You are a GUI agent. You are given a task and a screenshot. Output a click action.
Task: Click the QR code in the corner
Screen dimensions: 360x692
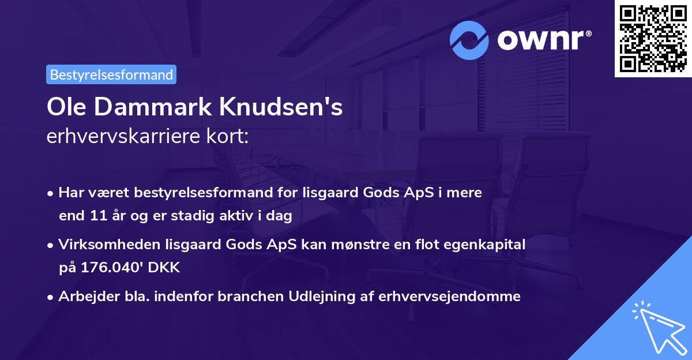click(x=653, y=39)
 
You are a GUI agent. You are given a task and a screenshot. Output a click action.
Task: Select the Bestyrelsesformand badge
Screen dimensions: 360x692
click(x=111, y=74)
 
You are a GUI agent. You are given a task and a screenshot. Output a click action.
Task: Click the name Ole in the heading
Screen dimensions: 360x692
click(x=67, y=108)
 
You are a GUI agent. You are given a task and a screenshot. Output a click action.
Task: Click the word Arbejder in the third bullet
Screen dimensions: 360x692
click(x=84, y=297)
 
